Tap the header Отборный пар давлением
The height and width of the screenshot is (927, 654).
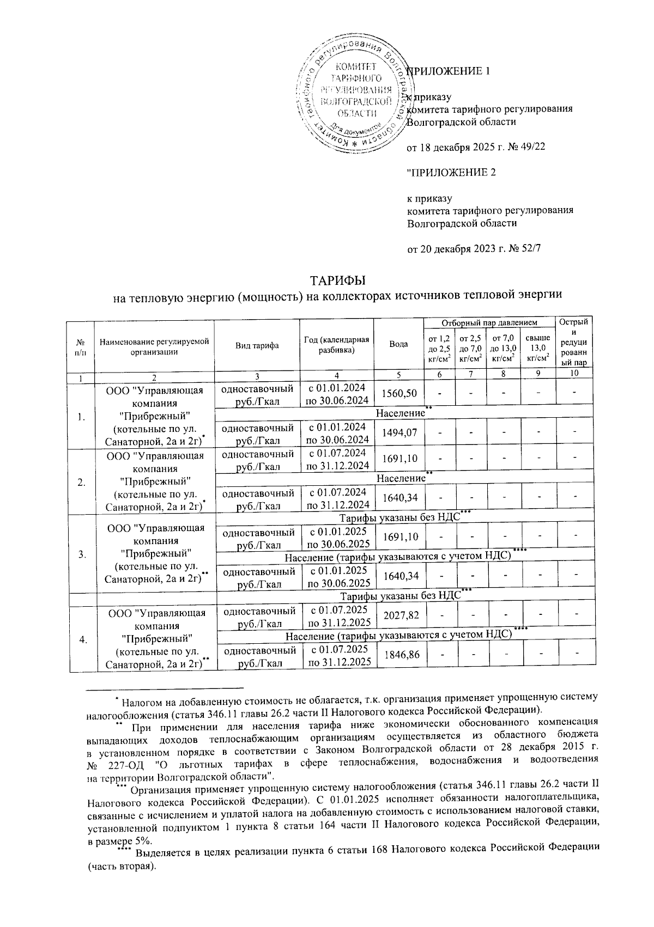(x=488, y=323)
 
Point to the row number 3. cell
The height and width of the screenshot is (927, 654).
(x=82, y=555)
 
